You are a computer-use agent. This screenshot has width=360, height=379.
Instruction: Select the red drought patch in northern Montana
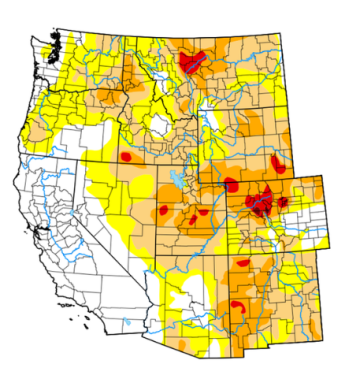(x=196, y=62)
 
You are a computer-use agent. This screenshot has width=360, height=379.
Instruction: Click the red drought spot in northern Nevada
(x=127, y=157)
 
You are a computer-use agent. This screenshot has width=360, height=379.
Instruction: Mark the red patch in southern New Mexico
(x=238, y=304)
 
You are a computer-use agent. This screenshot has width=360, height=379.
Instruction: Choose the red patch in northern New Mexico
(x=241, y=266)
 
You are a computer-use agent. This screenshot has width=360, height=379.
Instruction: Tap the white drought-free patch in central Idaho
(x=157, y=125)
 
